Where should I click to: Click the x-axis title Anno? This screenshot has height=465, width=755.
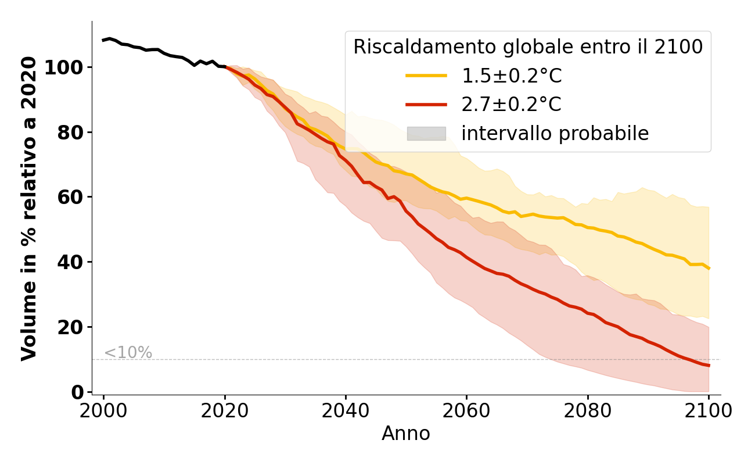(406, 434)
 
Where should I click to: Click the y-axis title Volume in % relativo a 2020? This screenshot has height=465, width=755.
(29, 208)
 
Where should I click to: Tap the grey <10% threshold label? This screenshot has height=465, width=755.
(128, 353)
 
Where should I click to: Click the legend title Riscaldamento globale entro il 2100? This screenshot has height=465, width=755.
(528, 47)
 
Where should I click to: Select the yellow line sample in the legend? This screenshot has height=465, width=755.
(426, 76)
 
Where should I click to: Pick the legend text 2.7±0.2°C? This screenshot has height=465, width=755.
(512, 105)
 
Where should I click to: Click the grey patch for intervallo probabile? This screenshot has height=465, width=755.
(426, 134)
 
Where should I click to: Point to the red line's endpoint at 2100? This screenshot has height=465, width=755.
(709, 365)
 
